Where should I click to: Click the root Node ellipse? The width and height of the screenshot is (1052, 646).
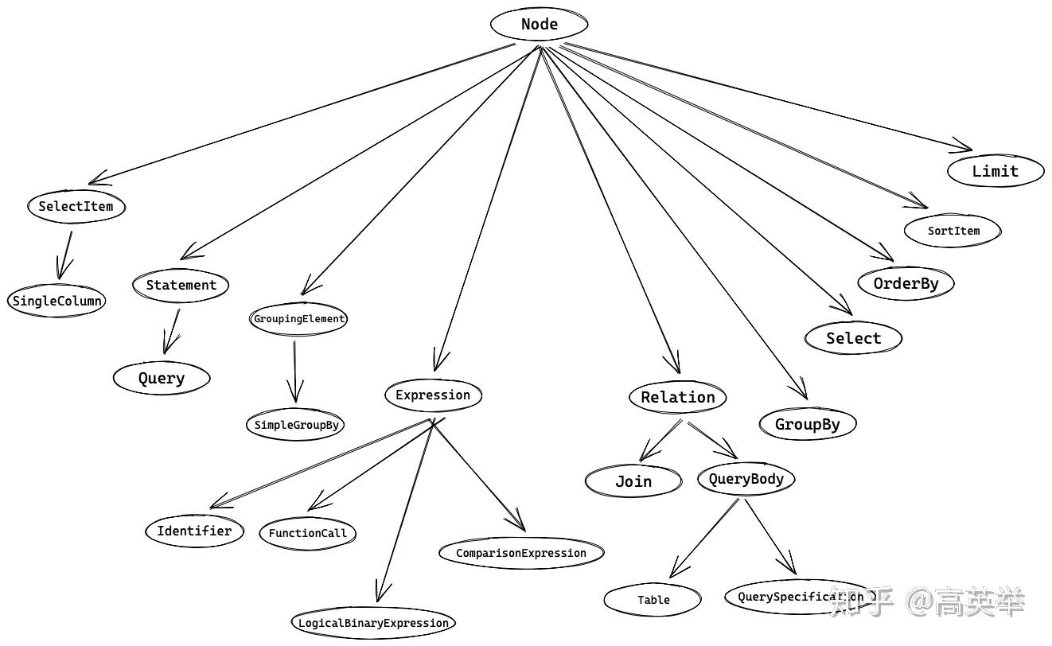coord(540,24)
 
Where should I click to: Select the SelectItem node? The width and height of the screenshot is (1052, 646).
coord(76,206)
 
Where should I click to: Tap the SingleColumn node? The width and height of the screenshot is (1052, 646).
coord(56,302)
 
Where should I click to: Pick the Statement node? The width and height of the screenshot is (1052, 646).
coord(181,285)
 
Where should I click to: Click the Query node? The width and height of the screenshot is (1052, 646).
coord(162,378)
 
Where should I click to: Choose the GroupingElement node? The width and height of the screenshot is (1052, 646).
coord(299,319)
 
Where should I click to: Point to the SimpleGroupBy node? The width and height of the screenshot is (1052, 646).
coord(296,425)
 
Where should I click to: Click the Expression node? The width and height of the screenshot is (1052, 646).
coord(433,395)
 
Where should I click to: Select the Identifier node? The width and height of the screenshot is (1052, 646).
coord(194,531)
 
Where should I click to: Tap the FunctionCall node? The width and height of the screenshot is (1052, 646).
coord(307,533)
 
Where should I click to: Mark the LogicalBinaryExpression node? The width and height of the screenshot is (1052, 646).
coord(373,623)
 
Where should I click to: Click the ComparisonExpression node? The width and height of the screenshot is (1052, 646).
coord(521,553)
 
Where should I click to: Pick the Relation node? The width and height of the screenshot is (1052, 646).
coord(678,397)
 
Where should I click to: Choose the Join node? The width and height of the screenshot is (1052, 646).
coord(633,481)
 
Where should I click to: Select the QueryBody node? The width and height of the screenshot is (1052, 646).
coord(746,479)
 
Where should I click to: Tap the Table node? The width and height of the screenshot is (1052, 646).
coord(653,600)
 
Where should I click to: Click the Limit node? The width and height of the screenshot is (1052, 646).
coord(996,171)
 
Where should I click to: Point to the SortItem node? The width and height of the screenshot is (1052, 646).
coord(953,231)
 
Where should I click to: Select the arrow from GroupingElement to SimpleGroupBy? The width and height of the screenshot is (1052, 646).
coord(295,370)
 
